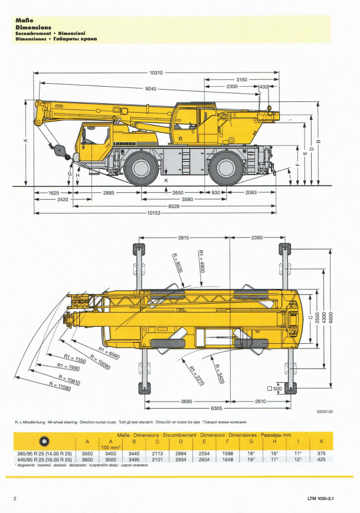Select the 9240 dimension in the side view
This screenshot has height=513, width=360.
click(x=152, y=88)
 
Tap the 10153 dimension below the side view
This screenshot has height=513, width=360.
click(x=155, y=213)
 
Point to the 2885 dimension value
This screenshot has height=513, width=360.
click(x=109, y=193)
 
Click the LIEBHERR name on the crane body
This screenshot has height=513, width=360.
click(x=125, y=143)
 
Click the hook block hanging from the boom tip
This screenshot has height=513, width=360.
click(x=60, y=150)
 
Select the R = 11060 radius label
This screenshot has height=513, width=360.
click(x=60, y=388)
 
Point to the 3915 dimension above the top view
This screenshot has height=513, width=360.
click(x=184, y=238)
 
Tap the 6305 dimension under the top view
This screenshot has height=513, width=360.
click(x=217, y=408)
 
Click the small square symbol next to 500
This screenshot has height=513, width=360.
click(x=270, y=389)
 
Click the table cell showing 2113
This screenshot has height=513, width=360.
click(x=158, y=453)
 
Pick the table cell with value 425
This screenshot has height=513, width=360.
click(x=321, y=459)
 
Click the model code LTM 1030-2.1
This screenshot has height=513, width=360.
click(x=320, y=499)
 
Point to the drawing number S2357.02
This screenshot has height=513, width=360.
click(x=325, y=412)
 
